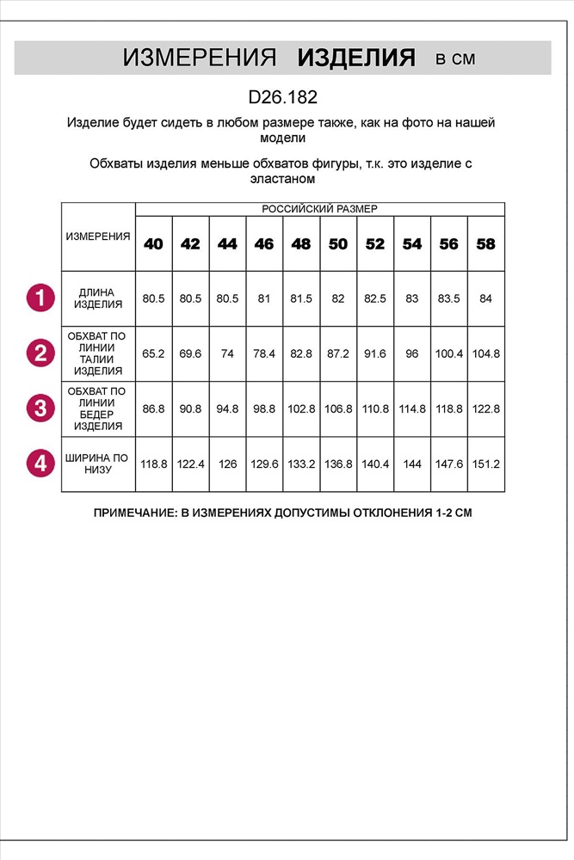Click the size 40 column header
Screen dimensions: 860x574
153,244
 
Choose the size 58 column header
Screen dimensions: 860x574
485,244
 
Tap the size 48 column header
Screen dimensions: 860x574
301,244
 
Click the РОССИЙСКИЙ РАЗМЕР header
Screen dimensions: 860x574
319,209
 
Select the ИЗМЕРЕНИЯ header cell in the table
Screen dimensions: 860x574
98,236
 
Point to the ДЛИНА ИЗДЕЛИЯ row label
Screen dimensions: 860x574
97,298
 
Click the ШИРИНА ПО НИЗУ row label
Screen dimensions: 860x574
97,464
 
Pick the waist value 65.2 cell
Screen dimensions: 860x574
153,353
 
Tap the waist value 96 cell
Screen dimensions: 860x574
412,353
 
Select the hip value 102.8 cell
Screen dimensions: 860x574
301,408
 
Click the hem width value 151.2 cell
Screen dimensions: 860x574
485,464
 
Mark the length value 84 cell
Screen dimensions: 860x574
485,298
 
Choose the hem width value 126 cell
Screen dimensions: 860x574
227,464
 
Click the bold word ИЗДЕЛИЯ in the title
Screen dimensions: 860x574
356,58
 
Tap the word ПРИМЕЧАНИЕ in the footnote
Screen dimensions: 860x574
133,513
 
